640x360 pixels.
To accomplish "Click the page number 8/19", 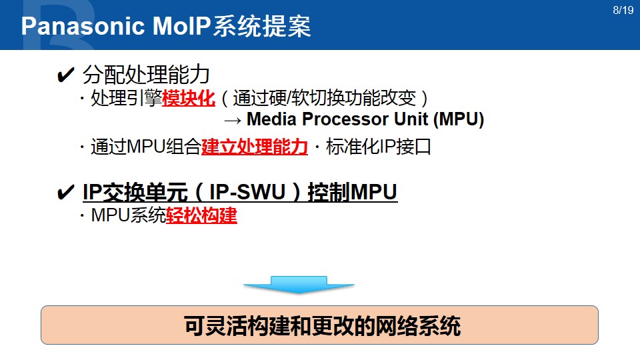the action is (x=623, y=10).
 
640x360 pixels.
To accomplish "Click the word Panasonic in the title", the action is (x=83, y=26).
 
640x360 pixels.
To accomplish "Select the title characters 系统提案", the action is (x=262, y=27).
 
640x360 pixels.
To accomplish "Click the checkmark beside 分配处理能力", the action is (x=65, y=75).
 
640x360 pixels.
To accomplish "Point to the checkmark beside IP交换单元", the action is (x=65, y=192).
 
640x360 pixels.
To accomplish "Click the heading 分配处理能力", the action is (x=146, y=75).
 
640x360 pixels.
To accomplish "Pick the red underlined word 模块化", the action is (x=189, y=98).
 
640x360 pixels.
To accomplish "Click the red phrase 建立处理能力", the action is (x=255, y=147).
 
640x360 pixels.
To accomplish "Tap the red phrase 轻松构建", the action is (x=201, y=215).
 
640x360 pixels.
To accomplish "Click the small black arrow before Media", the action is (x=233, y=121).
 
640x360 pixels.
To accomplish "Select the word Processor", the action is (x=345, y=119).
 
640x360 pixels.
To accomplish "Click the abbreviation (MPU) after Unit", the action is (x=459, y=119).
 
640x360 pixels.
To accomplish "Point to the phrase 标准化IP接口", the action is (x=379, y=147).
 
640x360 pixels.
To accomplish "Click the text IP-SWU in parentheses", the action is (x=247, y=192).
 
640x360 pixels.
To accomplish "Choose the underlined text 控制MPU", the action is (x=352, y=192).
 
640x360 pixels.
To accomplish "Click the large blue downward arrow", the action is (x=299, y=285).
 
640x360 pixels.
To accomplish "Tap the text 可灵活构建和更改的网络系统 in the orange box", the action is (x=323, y=326).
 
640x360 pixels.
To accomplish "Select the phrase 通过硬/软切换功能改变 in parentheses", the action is (x=325, y=98).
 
